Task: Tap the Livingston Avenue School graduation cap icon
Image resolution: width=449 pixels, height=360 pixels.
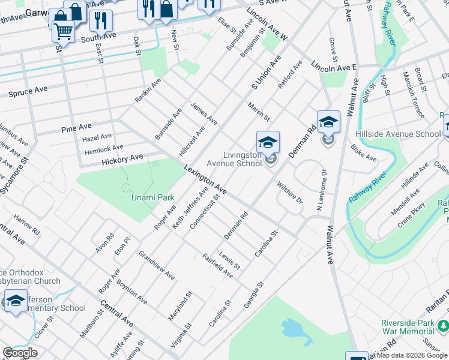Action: [x=268, y=143]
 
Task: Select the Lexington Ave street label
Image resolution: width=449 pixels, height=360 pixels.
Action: [x=205, y=179]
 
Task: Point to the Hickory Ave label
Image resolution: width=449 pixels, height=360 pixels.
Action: [x=122, y=160]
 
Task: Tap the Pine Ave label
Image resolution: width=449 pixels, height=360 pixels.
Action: [x=76, y=128]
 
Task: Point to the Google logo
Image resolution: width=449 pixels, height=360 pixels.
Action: [x=20, y=353]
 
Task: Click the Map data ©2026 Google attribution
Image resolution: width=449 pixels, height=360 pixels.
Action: [x=412, y=355]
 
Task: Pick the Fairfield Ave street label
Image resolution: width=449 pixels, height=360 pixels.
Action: [x=217, y=265]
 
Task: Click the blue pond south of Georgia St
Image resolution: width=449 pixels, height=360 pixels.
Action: [x=292, y=329]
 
